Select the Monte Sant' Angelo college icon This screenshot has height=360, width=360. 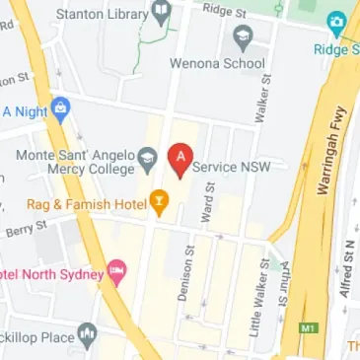(147, 157)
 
